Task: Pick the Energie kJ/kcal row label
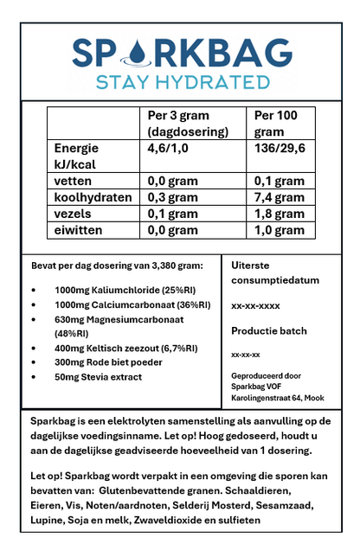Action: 76,155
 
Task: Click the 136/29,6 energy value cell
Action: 278,148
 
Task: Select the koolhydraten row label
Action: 93,197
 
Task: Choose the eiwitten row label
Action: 80,230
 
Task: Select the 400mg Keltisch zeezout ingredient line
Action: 125,348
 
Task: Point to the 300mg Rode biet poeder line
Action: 108,362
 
